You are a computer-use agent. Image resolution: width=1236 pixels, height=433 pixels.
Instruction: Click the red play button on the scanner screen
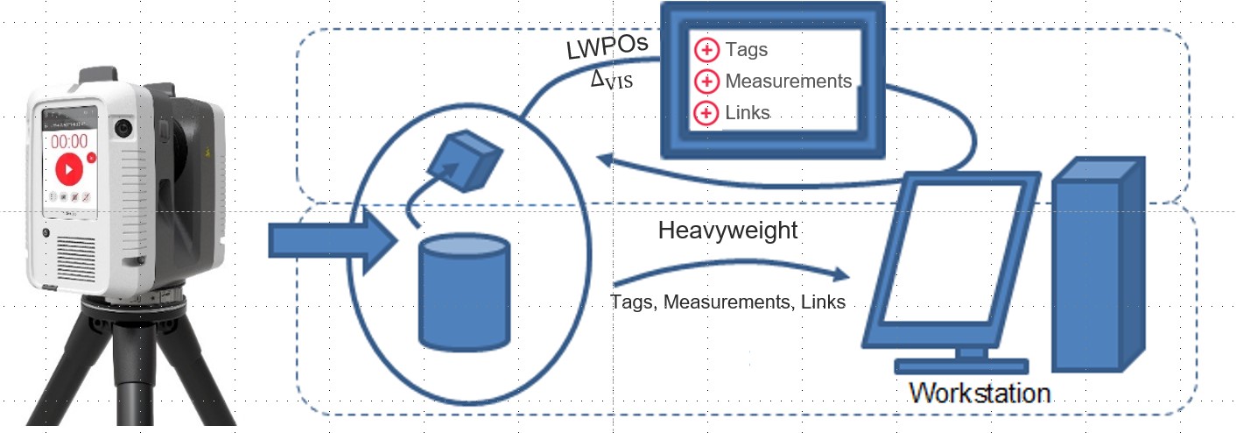tap(67, 169)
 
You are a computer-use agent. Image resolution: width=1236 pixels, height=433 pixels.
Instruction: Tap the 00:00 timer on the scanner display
tap(68, 140)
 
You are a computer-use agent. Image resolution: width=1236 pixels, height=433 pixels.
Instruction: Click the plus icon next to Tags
tap(706, 50)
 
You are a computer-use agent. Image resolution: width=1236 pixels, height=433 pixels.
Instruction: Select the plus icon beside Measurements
tap(706, 82)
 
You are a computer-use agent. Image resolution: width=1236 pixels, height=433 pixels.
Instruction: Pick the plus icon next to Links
tap(706, 113)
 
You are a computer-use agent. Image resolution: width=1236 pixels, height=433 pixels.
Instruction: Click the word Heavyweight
tap(727, 231)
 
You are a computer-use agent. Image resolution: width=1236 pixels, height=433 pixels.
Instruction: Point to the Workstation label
tap(979, 392)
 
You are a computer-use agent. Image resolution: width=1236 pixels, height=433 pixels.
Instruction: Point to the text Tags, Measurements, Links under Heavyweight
tap(727, 302)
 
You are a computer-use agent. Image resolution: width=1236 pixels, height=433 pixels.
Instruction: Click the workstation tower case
tap(1098, 263)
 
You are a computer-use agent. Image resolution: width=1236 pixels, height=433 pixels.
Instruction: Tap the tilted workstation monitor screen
tap(950, 254)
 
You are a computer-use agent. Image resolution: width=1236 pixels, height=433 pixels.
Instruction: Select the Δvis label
tap(612, 81)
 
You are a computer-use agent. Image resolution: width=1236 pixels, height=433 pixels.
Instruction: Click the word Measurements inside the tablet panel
tap(788, 82)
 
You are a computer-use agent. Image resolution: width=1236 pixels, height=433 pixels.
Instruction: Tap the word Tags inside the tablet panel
tap(746, 50)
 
